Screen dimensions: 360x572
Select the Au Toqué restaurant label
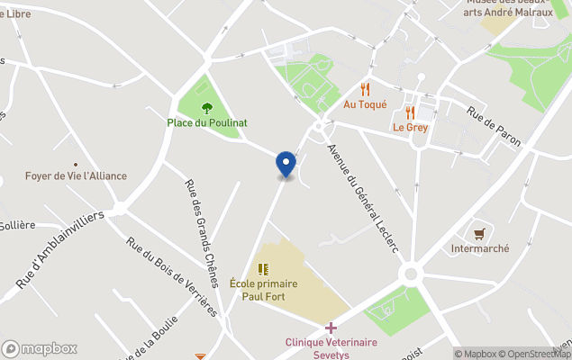(365, 104)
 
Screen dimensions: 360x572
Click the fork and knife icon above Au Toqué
(365, 89)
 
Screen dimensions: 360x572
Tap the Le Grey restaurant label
(410, 127)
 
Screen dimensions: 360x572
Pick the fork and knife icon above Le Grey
(410, 112)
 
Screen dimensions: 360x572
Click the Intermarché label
(480, 248)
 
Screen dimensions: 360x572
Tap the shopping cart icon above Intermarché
(479, 233)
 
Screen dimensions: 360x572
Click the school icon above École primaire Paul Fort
(263, 268)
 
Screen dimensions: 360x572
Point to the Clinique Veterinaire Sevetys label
(331, 348)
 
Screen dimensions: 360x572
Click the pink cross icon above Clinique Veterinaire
(331, 328)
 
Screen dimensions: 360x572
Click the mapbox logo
(40, 348)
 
